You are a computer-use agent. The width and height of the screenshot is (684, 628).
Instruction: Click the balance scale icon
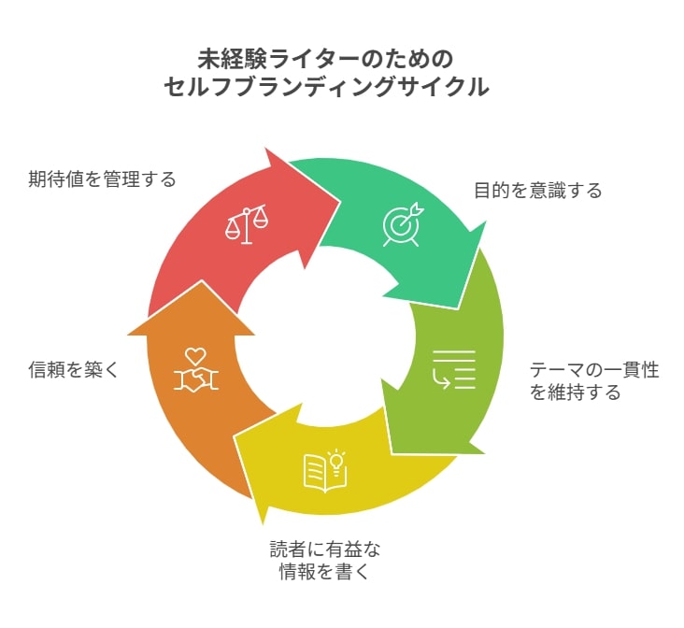(x=247, y=224)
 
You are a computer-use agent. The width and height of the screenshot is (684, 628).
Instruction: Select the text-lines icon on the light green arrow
(x=454, y=369)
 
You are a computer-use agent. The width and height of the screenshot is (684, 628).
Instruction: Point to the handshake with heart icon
(x=196, y=369)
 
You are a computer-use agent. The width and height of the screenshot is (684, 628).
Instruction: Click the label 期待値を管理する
(x=102, y=178)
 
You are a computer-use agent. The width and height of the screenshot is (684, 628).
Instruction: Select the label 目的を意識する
(x=538, y=191)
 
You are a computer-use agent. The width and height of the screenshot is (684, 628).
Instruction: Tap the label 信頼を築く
(x=74, y=370)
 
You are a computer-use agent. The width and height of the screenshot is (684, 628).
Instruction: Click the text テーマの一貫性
(x=594, y=370)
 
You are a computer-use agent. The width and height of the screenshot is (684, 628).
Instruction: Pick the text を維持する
(x=575, y=392)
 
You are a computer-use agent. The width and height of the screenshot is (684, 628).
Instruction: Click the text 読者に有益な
(x=325, y=549)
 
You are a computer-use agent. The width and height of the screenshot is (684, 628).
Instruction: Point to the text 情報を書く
(x=325, y=571)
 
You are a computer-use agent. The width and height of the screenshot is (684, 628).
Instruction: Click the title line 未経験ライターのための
(x=325, y=60)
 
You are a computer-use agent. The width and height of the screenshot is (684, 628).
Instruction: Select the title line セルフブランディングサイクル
(x=326, y=86)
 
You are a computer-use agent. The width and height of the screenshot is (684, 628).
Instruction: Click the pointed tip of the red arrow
(x=340, y=202)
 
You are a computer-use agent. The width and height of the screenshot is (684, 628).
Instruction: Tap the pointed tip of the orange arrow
(x=201, y=280)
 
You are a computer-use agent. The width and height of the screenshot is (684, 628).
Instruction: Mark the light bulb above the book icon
(x=336, y=459)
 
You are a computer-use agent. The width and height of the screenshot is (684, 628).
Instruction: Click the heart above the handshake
(x=195, y=356)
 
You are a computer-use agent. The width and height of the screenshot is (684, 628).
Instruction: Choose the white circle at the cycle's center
(x=325, y=336)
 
